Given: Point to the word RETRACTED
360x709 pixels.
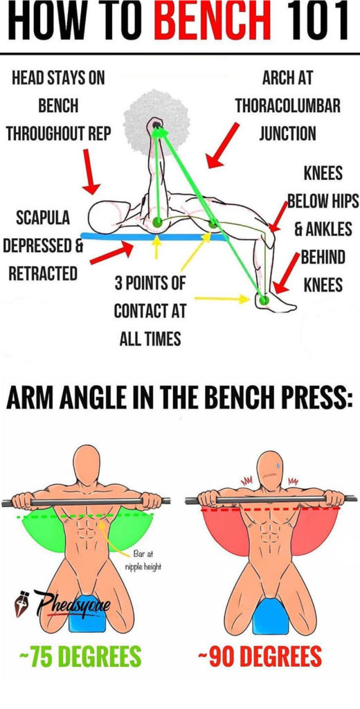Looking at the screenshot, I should (x=43, y=273).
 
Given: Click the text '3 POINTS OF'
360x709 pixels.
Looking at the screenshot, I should (x=150, y=284).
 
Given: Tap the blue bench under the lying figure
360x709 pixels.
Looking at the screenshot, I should (x=153, y=236).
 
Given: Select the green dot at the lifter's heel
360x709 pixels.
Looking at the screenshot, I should (x=264, y=300).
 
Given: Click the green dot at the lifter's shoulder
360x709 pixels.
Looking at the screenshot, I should (x=158, y=222).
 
